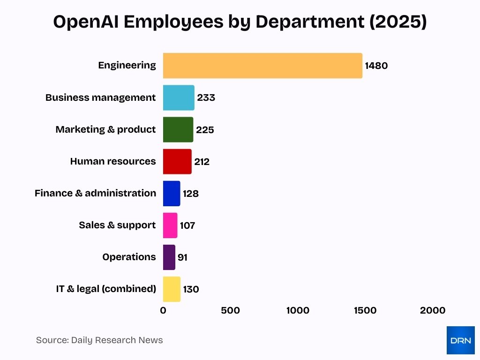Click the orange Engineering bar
click(262, 66)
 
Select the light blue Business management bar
click(179, 97)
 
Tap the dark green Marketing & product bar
click(178, 129)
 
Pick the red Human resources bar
click(177, 161)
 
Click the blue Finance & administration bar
click(172, 193)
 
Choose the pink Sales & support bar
click(170, 225)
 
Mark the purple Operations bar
click(169, 257)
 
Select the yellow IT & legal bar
click(172, 289)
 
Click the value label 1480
click(376, 66)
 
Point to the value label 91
click(182, 257)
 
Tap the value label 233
click(206, 97)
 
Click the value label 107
click(187, 225)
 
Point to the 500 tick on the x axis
click(230, 310)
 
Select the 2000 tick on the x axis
click(433, 310)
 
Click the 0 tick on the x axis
click(163, 310)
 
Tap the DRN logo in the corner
click(460, 340)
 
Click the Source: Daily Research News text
click(99, 340)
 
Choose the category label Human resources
click(113, 161)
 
